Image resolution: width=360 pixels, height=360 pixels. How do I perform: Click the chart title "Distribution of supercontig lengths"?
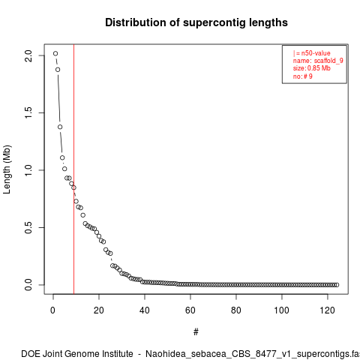[x=196, y=22]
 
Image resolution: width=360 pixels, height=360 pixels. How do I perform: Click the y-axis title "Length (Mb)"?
[x=7, y=169]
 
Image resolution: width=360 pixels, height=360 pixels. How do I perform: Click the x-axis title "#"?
[x=196, y=332]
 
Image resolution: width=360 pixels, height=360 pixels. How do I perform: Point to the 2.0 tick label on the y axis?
[x=28, y=55]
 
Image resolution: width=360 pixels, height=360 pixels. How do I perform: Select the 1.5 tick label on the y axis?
[x=28, y=112]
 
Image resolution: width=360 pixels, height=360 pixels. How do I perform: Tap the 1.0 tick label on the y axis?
[x=28, y=170]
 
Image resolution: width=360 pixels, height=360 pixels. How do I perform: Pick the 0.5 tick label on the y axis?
[x=28, y=227]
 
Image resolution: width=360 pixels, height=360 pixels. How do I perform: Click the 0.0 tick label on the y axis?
[x=28, y=285]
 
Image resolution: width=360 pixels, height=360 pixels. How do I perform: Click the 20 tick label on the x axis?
[x=99, y=310]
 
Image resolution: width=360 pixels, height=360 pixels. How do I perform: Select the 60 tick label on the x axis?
[x=190, y=310]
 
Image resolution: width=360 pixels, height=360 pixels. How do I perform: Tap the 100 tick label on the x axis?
[x=281, y=310]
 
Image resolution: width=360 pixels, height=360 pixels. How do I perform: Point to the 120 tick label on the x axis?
[x=327, y=310]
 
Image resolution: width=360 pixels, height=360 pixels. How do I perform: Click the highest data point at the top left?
[x=55, y=53]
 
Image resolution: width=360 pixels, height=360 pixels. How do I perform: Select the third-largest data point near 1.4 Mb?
[x=60, y=127]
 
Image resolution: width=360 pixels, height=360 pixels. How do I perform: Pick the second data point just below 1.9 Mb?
[x=58, y=70]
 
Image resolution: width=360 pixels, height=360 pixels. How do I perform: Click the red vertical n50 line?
[x=73, y=169]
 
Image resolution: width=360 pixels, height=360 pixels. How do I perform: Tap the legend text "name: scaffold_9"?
[x=318, y=61]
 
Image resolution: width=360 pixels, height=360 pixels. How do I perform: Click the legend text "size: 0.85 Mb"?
[x=312, y=68]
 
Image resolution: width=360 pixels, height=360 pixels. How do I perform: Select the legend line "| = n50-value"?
[x=312, y=53]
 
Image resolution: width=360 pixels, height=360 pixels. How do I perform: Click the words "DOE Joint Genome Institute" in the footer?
[x=77, y=354]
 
